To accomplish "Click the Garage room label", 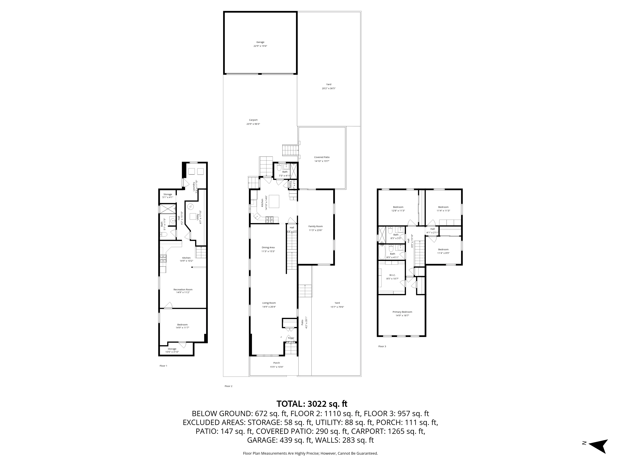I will coord(260,42).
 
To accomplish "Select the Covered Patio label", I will coord(322,157).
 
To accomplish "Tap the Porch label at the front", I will coord(277,363).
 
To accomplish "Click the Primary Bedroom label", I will coord(402,312).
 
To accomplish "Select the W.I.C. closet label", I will coord(392,275).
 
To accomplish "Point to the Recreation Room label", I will coord(183,289).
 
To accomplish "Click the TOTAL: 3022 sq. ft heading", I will coord(312,404).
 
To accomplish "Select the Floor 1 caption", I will coord(163,366).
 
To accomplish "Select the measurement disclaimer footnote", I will coord(310,453).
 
